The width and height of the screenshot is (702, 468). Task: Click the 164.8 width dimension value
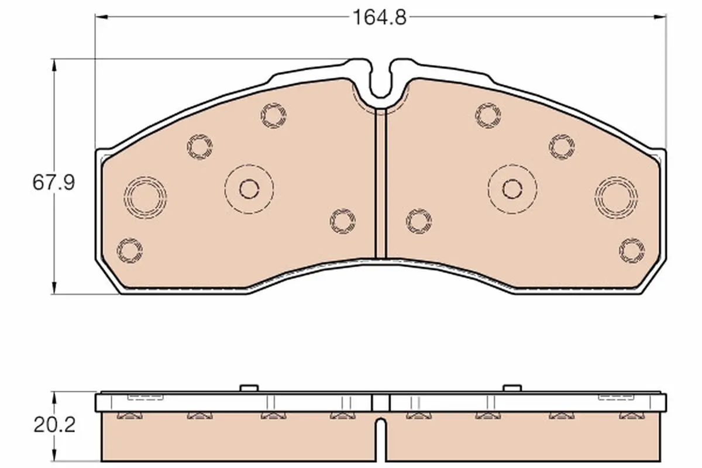pyautogui.click(x=380, y=17)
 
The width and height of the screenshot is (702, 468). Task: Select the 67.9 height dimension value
pyautogui.click(x=54, y=183)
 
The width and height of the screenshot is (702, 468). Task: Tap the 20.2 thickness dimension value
pyautogui.click(x=54, y=425)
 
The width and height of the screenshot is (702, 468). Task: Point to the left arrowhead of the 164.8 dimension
pyautogui.click(x=101, y=16)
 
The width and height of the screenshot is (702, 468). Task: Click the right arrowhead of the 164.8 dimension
pyautogui.click(x=660, y=16)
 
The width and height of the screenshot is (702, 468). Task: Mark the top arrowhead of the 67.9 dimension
pyautogui.click(x=54, y=65)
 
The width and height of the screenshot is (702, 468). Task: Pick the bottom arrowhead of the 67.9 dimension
pyautogui.click(x=54, y=288)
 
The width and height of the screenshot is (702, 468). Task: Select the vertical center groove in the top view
pyautogui.click(x=381, y=183)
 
